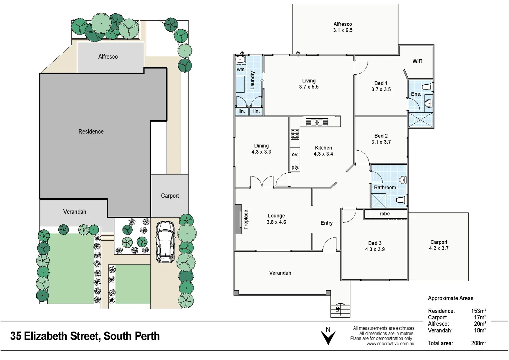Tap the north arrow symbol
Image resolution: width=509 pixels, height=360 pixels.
click(328, 337)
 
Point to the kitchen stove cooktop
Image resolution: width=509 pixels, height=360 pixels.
click(295, 134)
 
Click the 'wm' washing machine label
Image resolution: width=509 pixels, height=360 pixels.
click(241, 70)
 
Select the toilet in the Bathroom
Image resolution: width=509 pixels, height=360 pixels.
click(401, 200)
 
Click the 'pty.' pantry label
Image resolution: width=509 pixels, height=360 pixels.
click(295, 167)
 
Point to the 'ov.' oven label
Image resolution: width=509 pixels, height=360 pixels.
click(295, 155)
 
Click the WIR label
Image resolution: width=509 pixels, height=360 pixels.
click(417, 61)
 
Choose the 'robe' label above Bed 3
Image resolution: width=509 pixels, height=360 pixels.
click(384, 214)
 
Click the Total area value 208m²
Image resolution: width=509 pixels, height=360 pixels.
click(478, 343)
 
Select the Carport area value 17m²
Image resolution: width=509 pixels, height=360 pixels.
click(480, 317)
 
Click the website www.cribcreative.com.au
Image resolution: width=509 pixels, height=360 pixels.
click(390, 344)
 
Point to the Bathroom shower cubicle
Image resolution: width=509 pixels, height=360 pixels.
click(379, 200)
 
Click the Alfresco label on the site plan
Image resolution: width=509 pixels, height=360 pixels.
click(108, 57)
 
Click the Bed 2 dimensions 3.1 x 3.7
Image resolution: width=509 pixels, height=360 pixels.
click(381, 142)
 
